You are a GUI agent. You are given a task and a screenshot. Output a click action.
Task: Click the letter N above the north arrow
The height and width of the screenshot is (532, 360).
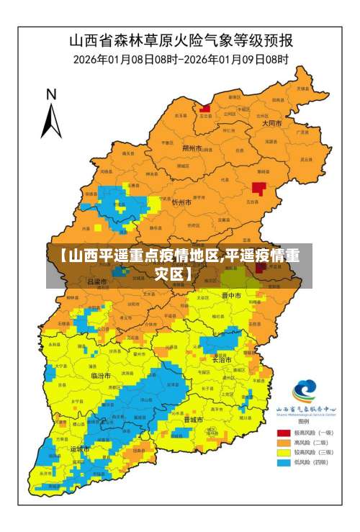click(x=51, y=94)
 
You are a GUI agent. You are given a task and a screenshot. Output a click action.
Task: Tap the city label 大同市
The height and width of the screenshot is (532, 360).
click(x=271, y=123)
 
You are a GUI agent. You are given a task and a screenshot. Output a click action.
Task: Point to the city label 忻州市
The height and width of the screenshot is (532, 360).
click(x=181, y=204)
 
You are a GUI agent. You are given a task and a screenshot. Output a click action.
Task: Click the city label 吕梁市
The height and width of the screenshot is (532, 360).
click(x=96, y=281)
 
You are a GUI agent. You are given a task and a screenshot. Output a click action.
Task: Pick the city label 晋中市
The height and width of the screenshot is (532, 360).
click(x=232, y=295)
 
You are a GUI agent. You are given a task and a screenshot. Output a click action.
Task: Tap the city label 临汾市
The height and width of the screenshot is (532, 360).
click(x=101, y=376)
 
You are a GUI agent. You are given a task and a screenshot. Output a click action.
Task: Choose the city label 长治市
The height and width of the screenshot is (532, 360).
click(x=222, y=360)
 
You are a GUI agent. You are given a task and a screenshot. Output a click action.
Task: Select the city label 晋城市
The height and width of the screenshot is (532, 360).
click(x=193, y=419)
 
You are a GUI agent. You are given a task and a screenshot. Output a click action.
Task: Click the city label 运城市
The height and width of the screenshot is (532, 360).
click(x=79, y=448)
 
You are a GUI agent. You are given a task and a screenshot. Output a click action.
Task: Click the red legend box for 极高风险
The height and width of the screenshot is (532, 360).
click(x=284, y=433)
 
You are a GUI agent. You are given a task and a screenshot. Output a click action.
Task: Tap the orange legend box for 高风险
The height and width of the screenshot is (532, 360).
click(x=284, y=442)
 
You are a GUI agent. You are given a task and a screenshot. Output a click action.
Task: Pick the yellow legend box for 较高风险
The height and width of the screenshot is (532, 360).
click(x=284, y=452)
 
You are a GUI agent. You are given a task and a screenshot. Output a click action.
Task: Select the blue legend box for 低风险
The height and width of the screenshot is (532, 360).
click(x=284, y=462)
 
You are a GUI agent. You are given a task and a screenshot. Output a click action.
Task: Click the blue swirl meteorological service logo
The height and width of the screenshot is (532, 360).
click(x=304, y=392)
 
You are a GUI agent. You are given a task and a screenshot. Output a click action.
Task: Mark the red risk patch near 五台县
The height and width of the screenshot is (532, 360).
click(x=258, y=189)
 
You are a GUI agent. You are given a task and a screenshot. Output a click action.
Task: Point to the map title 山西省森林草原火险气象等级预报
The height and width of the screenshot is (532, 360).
click(x=179, y=40)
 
